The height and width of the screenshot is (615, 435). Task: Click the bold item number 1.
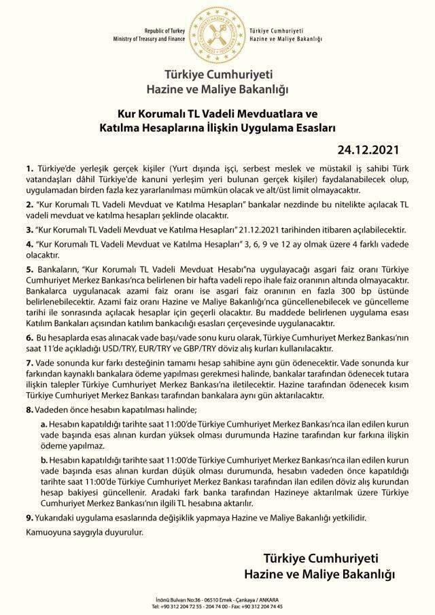pyautogui.click(x=29, y=167)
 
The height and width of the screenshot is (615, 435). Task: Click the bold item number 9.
pyautogui.click(x=29, y=518)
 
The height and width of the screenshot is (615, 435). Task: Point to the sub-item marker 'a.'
pyautogui.click(x=44, y=423)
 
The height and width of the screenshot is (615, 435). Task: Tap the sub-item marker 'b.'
pyautogui.click(x=44, y=460)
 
